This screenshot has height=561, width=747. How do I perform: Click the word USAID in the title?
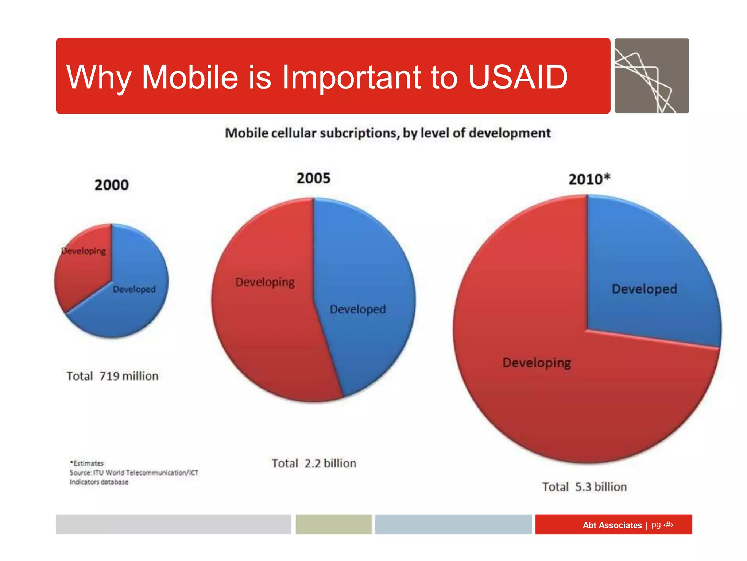[518, 77]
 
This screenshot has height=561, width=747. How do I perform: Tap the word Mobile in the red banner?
[190, 77]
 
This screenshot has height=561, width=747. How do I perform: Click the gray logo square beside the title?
[651, 76]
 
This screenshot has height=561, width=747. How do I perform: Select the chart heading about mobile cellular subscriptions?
[387, 133]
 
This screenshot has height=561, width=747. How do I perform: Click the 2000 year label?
[112, 185]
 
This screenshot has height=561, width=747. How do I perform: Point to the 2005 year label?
[313, 178]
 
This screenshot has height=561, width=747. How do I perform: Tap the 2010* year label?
[589, 179]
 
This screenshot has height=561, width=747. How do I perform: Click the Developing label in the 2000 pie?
[84, 251]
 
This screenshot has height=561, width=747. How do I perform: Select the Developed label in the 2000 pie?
[134, 289]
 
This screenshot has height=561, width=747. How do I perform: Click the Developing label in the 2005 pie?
[265, 282]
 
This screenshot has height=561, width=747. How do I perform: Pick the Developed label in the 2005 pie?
[358, 309]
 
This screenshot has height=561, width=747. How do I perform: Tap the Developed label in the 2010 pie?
[644, 289]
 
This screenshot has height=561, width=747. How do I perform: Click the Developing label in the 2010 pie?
[537, 363]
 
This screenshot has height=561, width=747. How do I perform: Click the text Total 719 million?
[112, 376]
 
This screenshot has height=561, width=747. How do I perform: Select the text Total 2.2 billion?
[314, 463]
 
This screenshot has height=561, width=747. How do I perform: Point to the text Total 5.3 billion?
[584, 487]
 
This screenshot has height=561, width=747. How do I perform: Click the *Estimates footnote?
[88, 463]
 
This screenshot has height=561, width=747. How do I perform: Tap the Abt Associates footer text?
[612, 525]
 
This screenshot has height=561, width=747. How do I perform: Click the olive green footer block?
[333, 524]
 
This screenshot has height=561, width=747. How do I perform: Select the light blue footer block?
[453, 524]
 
